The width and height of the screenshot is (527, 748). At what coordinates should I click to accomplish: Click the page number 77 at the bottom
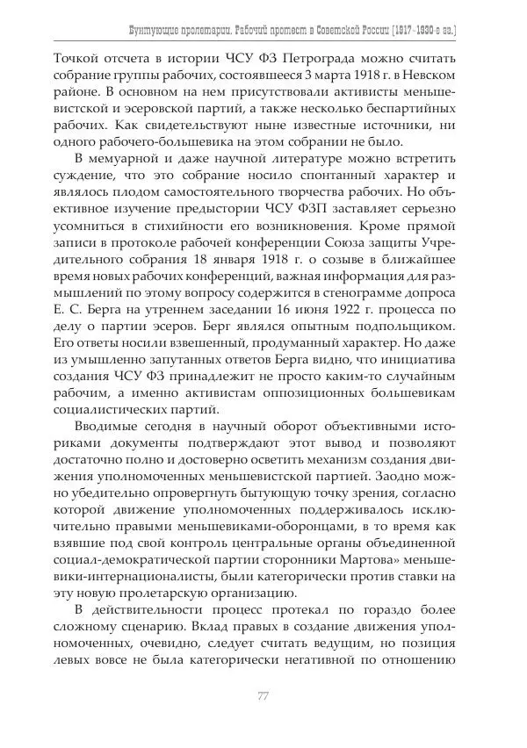click(263, 697)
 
